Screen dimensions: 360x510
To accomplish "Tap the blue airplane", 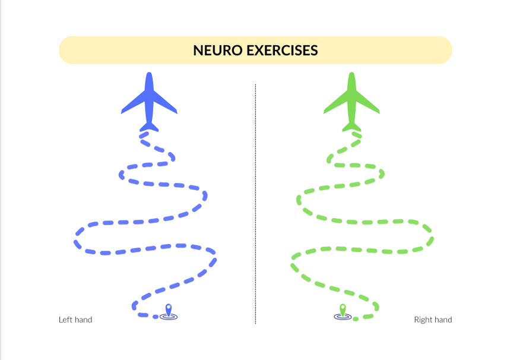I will click(149, 101).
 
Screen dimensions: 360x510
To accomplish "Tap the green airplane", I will click(351, 101).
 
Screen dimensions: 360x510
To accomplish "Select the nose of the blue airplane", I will click(149, 75).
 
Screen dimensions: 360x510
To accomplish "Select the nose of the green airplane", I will click(351, 75).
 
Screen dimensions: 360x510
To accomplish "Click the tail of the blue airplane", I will click(149, 127).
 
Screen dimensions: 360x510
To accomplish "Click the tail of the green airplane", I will click(351, 127).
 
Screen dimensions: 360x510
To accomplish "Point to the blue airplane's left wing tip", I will click(123, 111).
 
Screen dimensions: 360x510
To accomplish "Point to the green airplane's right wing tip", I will click(378, 111).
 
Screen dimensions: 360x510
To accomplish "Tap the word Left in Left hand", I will click(65, 320).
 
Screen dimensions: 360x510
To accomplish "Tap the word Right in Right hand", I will click(423, 320).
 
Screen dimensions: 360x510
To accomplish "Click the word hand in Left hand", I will click(83, 320).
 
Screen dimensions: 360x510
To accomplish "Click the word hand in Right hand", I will click(442, 320).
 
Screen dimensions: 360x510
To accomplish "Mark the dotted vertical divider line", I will click(255, 202).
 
